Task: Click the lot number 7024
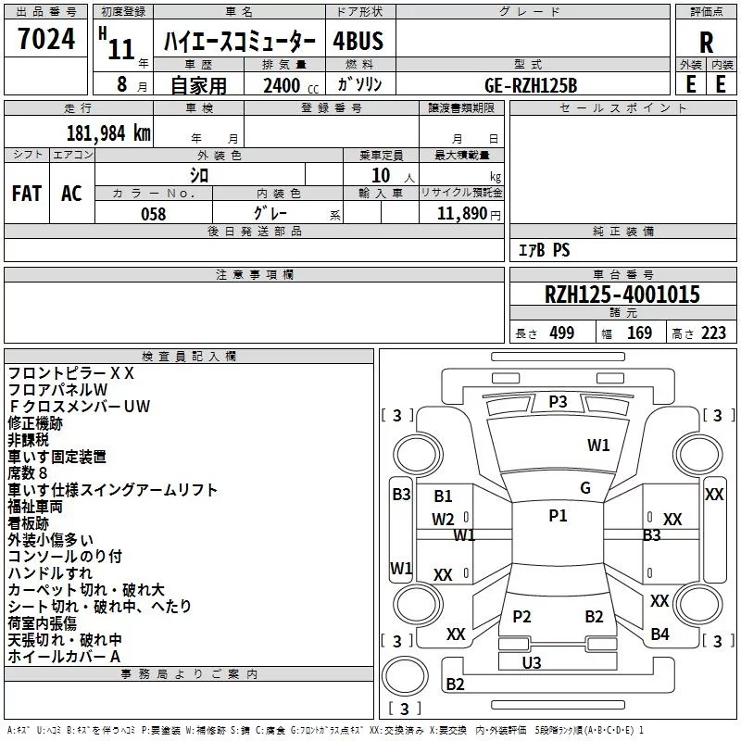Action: (x=46, y=39)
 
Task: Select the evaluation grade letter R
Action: (x=706, y=43)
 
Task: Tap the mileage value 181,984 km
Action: (x=108, y=133)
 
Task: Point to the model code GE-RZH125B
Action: (x=531, y=85)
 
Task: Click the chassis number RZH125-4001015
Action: (x=622, y=295)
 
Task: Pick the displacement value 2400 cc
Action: (x=291, y=85)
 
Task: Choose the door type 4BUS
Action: (x=358, y=41)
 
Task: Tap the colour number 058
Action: (x=154, y=214)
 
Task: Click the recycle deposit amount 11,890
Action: (x=461, y=214)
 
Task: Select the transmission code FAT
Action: (x=27, y=194)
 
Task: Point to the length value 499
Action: (x=562, y=333)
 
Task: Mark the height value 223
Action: (x=713, y=333)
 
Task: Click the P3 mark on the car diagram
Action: (x=558, y=402)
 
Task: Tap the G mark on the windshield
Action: (x=585, y=488)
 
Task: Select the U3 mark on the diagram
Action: (x=532, y=663)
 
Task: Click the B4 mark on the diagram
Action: (x=659, y=634)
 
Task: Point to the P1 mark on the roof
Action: (x=558, y=516)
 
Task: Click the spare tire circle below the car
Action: (x=405, y=676)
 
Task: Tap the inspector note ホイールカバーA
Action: (x=64, y=657)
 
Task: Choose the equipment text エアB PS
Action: (x=544, y=250)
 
